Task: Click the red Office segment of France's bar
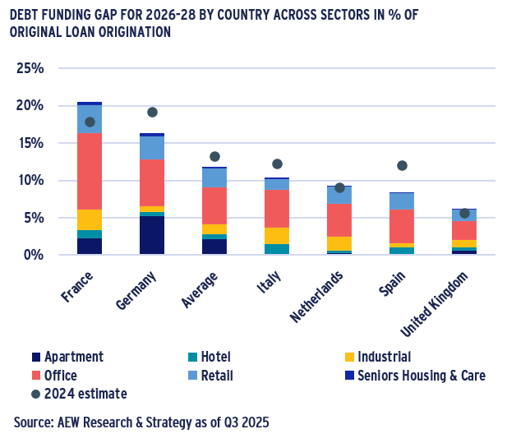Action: coord(90,171)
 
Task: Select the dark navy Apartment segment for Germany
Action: coord(152,235)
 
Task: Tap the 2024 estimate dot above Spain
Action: coord(402,165)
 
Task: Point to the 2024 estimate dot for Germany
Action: coord(152,112)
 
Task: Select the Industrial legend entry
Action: coord(378,357)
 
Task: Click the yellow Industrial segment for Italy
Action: coord(277,236)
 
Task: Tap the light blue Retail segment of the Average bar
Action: coord(214,178)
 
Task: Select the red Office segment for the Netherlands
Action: coord(339,219)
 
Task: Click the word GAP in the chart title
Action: coord(120,15)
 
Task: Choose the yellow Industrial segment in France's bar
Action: coord(90,219)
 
